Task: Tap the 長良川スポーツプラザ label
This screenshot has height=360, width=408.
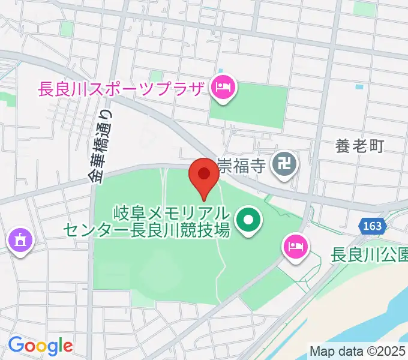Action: pos(121,89)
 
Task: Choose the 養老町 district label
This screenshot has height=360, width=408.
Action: pos(359,146)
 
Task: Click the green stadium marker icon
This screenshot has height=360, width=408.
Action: pos(247,221)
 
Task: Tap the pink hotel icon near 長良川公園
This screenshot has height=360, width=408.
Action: pos(294,245)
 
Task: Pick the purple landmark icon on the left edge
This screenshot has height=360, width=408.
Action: pos(20,241)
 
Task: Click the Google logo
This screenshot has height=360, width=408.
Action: pos(40,346)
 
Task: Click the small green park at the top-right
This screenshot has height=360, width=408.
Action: pos(364,8)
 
